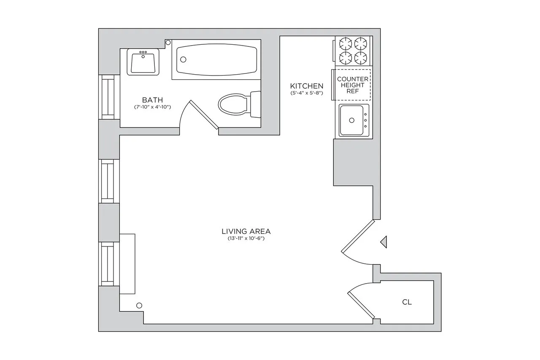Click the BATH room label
152,100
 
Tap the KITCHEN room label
306,86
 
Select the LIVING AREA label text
246,231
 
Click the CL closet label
407,302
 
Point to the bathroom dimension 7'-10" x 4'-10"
152,107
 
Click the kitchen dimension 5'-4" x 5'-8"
306,93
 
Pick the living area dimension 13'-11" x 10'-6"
246,239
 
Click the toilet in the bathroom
236,104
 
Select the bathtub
216,60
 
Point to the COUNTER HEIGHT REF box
352,85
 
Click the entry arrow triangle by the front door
383,242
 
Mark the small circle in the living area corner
139,306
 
